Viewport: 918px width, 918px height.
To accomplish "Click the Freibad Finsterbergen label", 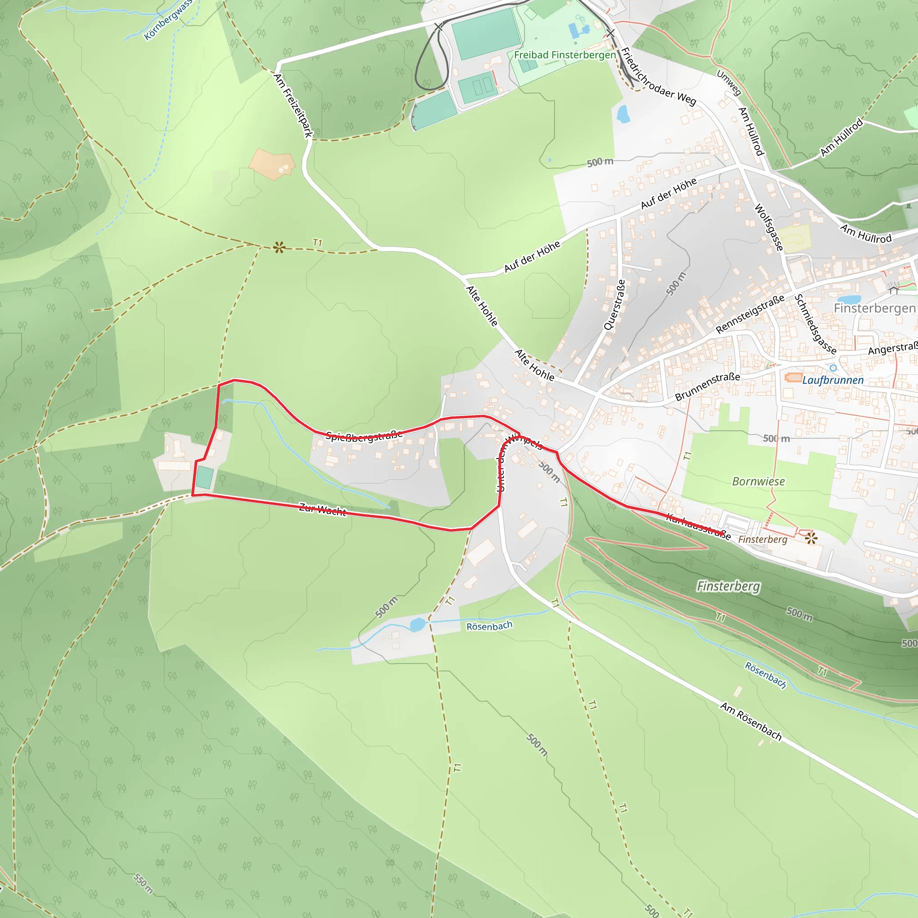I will pyautogui.click(x=564, y=55).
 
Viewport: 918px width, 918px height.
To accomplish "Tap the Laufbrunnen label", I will pyautogui.click(x=832, y=380).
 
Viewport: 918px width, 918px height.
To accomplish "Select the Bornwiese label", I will pyautogui.click(x=758, y=481).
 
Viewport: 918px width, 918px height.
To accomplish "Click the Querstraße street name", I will pyautogui.click(x=615, y=304).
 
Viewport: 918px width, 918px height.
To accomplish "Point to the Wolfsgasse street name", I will pyautogui.click(x=769, y=227).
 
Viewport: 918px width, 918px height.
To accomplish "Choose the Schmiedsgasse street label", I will pyautogui.click(x=815, y=324).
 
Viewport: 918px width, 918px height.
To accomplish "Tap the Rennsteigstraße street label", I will pyautogui.click(x=750, y=314).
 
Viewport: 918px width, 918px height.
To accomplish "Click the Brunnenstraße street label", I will pyautogui.click(x=707, y=386).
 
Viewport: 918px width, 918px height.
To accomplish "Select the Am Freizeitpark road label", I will pyautogui.click(x=293, y=105).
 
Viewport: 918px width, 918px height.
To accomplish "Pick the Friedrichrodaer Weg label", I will pyautogui.click(x=658, y=77).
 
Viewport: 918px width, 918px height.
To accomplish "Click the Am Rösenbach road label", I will pyautogui.click(x=751, y=721).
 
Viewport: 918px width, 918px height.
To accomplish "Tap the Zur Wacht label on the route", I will pyautogui.click(x=323, y=509).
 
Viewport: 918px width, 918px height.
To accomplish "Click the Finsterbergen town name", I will pyautogui.click(x=874, y=308).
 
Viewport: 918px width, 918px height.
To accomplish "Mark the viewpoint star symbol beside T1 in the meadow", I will pyautogui.click(x=279, y=247).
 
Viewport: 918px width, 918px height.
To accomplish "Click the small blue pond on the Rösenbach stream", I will pyautogui.click(x=417, y=625).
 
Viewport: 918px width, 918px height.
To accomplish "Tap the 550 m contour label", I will pyautogui.click(x=143, y=883).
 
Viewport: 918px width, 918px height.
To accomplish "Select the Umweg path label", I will pyautogui.click(x=729, y=82).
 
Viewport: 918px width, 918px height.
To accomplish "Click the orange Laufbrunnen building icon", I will pyautogui.click(x=793, y=378).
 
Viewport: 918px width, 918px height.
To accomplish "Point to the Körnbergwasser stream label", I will pyautogui.click(x=168, y=20).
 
